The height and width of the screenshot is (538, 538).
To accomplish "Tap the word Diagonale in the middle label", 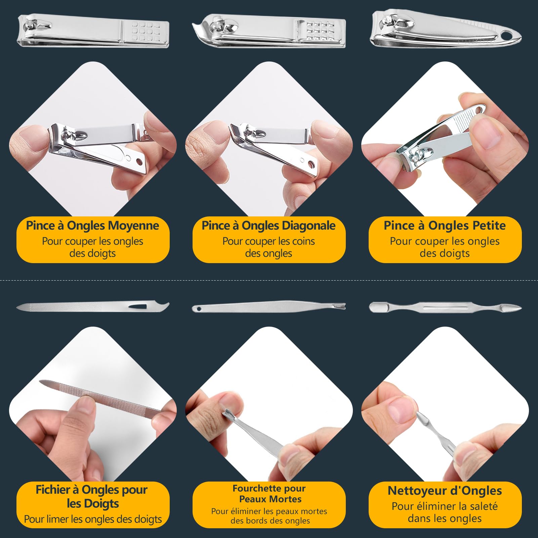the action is [x=308, y=226].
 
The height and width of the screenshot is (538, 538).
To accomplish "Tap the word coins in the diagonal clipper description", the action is [x=303, y=241].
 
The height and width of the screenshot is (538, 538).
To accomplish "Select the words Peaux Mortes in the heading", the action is [x=270, y=499].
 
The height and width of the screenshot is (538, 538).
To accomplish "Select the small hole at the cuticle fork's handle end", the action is [x=199, y=308].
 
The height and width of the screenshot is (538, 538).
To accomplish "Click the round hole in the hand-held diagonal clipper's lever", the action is [x=311, y=165].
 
